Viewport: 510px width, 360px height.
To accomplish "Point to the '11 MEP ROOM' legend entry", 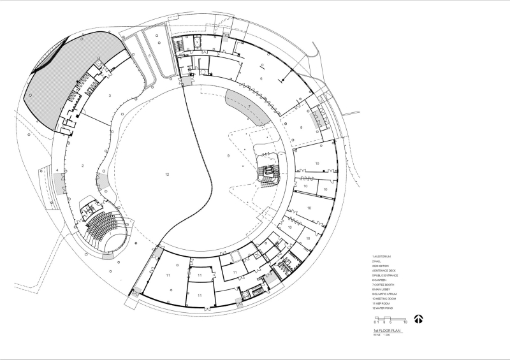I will click(x=381, y=303).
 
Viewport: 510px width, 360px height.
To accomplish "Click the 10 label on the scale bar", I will click(x=405, y=323).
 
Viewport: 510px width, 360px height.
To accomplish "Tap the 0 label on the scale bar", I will click(x=376, y=323).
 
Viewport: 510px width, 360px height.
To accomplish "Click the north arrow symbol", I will click(x=419, y=319).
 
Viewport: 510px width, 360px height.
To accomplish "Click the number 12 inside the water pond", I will click(x=167, y=174).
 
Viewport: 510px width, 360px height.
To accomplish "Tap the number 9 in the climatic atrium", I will click(x=227, y=155).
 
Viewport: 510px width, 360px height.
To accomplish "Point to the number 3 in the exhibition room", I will click(x=110, y=95).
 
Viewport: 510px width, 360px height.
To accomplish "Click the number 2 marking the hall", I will click(x=83, y=165).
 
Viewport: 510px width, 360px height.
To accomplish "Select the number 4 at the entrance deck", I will click(x=57, y=170).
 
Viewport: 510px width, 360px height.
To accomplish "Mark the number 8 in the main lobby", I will click(x=301, y=127).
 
